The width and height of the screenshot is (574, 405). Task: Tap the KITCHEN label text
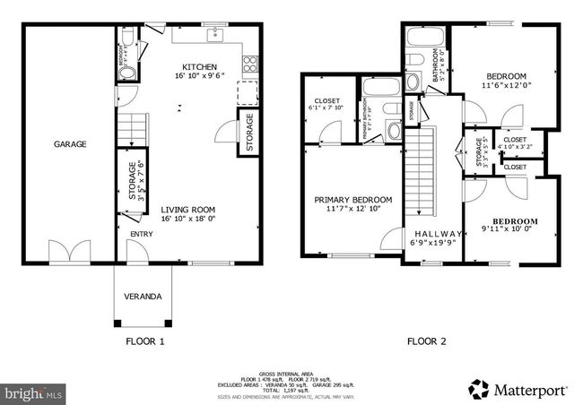coord(199,67)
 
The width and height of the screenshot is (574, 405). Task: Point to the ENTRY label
coord(142,235)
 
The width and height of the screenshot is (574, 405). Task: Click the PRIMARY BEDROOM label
coord(352,200)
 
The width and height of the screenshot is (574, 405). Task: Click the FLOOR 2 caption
coord(428,341)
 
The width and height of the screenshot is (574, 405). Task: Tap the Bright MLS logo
coord(34,392)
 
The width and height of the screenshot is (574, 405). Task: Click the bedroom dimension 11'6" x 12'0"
coord(507,87)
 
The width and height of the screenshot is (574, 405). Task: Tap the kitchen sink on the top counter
coord(215,36)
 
